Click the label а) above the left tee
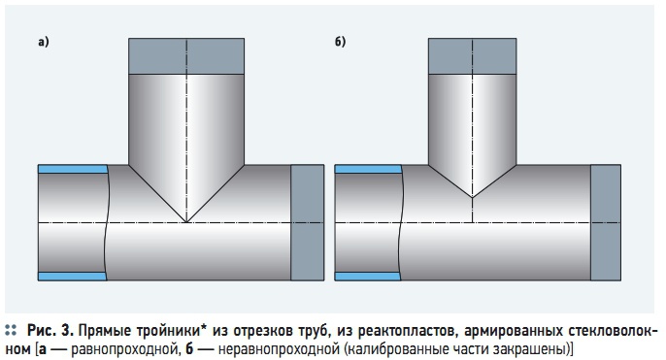click(44, 42)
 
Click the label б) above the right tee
click(340, 42)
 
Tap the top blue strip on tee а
click(73, 169)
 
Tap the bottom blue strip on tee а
click(72, 277)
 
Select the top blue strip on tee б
click(368, 169)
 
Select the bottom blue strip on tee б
click(368, 277)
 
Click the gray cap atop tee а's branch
click(186, 56)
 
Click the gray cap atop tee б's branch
click(472, 56)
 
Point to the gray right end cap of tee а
click(308, 222)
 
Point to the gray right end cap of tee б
click(606, 222)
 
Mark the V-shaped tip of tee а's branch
click(186, 222)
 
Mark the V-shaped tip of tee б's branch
click(472, 197)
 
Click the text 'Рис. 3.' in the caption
click(50, 330)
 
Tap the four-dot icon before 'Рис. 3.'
click(11, 331)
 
